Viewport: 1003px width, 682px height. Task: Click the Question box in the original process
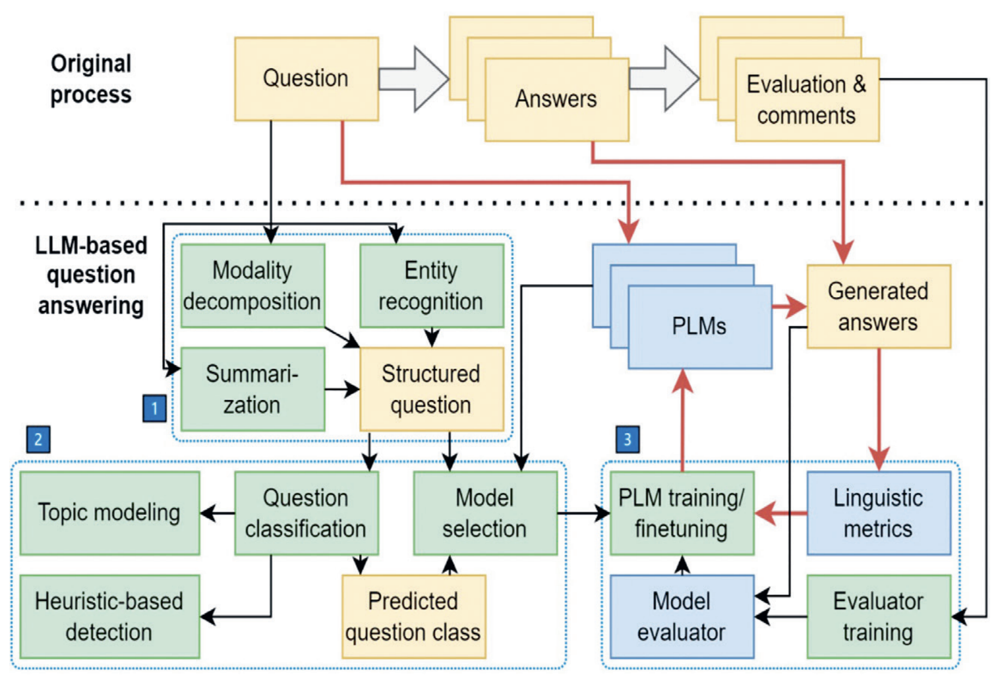point(306,79)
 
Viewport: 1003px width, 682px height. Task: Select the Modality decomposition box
point(252,286)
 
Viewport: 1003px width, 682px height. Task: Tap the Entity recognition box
point(431,286)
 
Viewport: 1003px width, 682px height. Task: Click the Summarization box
point(252,389)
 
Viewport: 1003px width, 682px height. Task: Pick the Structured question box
point(431,389)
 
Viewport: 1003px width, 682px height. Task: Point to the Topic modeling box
point(109,513)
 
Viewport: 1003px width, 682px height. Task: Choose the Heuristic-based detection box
point(109,617)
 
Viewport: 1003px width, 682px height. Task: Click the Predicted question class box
point(414,617)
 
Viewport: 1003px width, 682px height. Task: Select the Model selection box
point(485,513)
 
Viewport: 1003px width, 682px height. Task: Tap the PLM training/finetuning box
point(682,513)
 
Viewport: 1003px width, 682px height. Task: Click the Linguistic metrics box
point(878,513)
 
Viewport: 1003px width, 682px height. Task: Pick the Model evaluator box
point(682,617)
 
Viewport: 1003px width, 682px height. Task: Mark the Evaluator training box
point(878,617)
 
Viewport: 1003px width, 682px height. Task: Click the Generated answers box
point(878,307)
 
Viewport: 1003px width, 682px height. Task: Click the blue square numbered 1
point(154,408)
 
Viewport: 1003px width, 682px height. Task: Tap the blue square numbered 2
point(38,439)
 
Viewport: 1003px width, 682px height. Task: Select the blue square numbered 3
point(627,439)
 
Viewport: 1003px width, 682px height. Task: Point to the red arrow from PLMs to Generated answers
point(789,307)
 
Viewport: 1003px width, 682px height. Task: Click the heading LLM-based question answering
point(91,275)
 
